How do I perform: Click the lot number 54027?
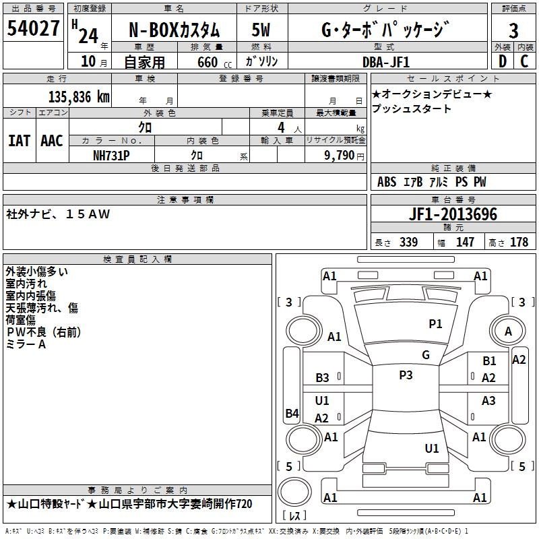point(33,29)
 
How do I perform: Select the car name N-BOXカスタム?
point(174,30)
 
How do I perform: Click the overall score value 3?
point(513,30)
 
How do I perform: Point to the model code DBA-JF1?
point(385,62)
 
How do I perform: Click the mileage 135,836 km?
point(79,96)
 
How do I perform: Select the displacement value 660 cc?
point(207,62)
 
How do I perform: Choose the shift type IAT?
point(19,141)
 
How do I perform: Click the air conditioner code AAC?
point(52,141)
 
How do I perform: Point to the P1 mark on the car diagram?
point(436,324)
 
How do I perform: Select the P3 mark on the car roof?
point(406,375)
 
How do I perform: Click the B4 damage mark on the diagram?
point(292,414)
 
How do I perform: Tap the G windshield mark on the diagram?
point(425,355)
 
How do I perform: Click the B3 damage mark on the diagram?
point(323,378)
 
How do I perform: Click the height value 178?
point(519,243)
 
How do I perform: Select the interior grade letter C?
point(524,62)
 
